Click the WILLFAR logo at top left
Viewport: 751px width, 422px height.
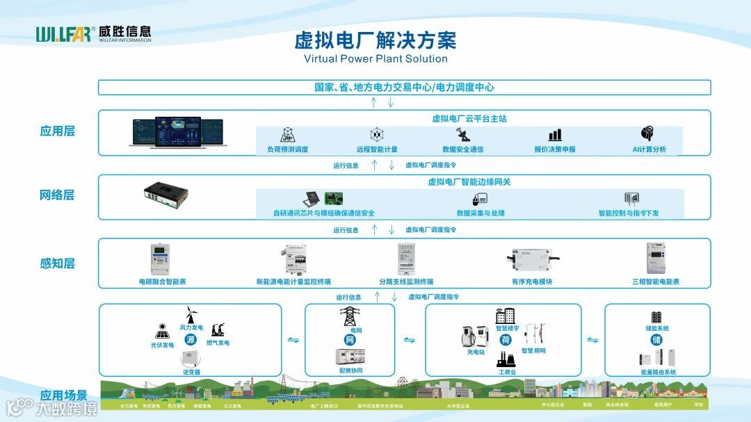pyautogui.click(x=93, y=34)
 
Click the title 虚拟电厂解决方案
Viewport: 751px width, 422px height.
pyautogui.click(x=375, y=40)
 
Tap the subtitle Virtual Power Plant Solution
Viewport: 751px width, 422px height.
pyautogui.click(x=375, y=58)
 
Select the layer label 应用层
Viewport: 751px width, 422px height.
pyautogui.click(x=57, y=131)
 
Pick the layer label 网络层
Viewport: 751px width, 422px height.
pyautogui.click(x=57, y=195)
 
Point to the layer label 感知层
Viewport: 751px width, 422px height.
pyautogui.click(x=57, y=263)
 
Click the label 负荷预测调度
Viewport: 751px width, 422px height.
pyautogui.click(x=287, y=149)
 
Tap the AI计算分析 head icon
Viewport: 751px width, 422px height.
pyautogui.click(x=648, y=133)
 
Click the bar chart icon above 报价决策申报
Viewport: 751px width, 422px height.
pyautogui.click(x=555, y=135)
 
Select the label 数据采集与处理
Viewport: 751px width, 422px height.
pyautogui.click(x=481, y=213)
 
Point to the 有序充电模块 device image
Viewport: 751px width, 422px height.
pyautogui.click(x=532, y=261)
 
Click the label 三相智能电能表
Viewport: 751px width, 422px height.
pyautogui.click(x=656, y=282)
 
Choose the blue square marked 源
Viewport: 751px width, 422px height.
pyautogui.click(x=191, y=340)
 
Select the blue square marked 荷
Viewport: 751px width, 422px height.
pyautogui.click(x=506, y=340)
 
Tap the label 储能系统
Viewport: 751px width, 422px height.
pyautogui.click(x=657, y=329)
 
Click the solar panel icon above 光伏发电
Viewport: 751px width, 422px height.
pyautogui.click(x=163, y=330)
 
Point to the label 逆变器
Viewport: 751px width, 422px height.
pyautogui.click(x=191, y=373)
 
